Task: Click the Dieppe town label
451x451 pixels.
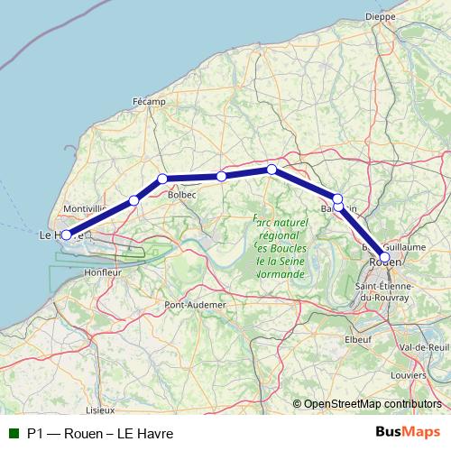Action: (x=381, y=16)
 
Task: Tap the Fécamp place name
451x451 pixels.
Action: (x=149, y=102)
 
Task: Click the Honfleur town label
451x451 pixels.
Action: (x=101, y=272)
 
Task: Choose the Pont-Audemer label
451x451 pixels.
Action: (x=195, y=306)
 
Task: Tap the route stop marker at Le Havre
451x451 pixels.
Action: (x=66, y=235)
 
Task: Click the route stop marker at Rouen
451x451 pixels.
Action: (x=385, y=257)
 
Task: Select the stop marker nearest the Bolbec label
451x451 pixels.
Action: (x=162, y=179)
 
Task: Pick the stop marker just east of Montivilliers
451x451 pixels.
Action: (x=133, y=200)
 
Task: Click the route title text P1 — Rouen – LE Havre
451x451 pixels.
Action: (x=99, y=433)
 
